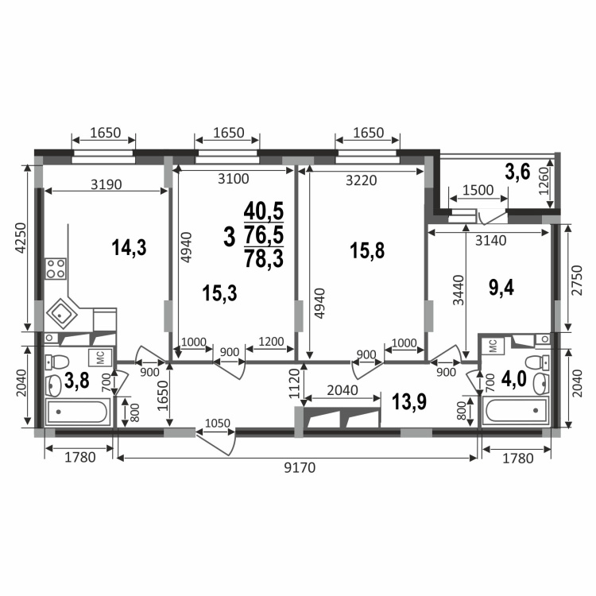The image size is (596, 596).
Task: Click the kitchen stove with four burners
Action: coord(56,269)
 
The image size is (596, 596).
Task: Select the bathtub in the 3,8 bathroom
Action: coord(78,412)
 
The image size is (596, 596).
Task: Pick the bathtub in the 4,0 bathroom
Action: coord(516,411)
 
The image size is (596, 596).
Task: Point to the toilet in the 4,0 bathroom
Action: coord(536,362)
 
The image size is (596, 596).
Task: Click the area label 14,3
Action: coord(129,247)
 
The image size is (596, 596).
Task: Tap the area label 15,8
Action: coord(367,251)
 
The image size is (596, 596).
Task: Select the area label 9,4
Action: coord(501,288)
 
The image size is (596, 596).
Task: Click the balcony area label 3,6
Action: coord(517,172)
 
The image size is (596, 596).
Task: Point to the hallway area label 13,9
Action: coord(409,402)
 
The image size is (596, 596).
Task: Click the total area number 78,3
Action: coord(264,259)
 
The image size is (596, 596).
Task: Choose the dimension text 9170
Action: coord(300,467)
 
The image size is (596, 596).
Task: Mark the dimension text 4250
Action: coord(20,238)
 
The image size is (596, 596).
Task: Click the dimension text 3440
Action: coord(459,290)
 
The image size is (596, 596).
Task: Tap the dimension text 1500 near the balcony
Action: coord(478,190)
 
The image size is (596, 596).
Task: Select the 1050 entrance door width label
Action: coord(218,423)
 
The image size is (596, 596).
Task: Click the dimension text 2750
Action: coord(577,281)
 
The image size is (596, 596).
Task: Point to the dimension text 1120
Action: coord(295,383)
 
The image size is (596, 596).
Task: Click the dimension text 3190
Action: coord(106,184)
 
